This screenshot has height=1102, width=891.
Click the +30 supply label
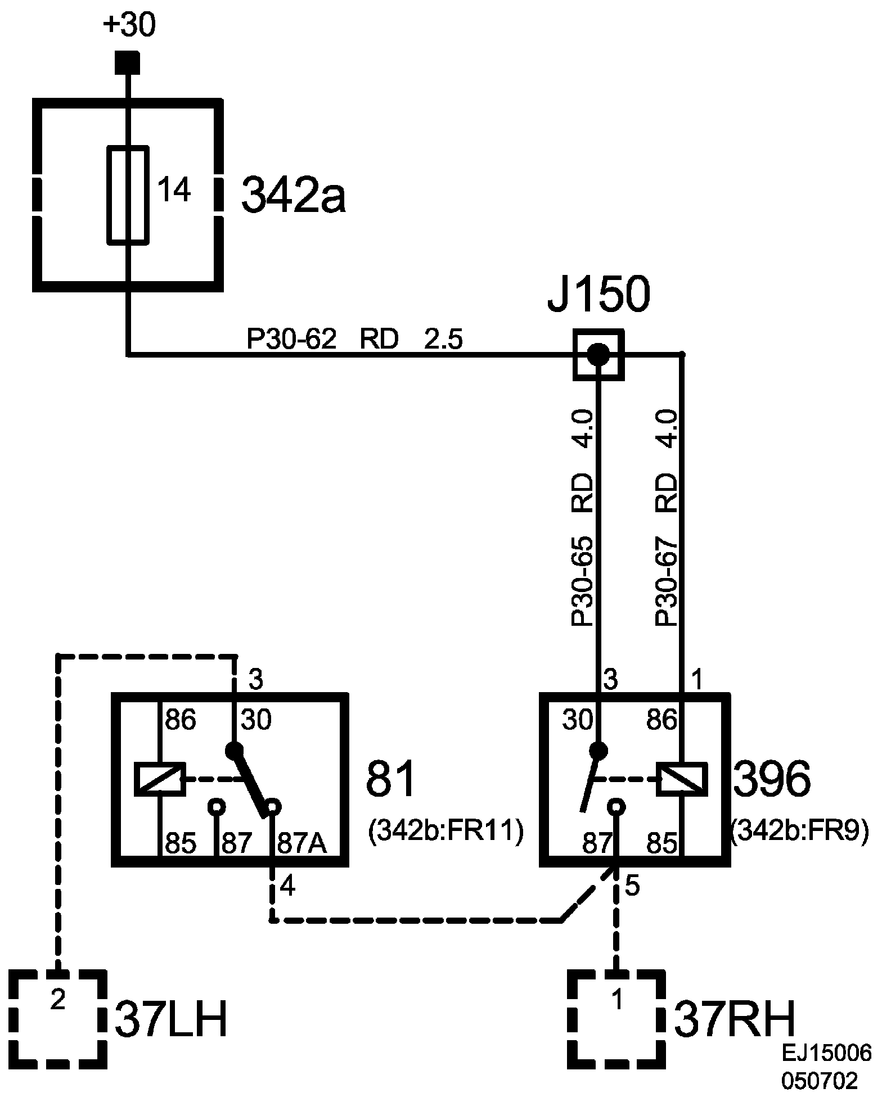(129, 26)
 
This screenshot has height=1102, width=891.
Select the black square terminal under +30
(128, 62)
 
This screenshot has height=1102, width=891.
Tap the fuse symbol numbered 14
(128, 195)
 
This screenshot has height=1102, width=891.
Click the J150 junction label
(598, 295)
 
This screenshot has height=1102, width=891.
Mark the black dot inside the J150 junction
(598, 354)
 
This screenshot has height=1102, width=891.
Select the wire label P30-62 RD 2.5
(354, 340)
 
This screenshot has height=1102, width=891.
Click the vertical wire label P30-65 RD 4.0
(583, 517)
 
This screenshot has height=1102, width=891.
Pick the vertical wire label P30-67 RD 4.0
(667, 517)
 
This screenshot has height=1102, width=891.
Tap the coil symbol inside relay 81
(160, 779)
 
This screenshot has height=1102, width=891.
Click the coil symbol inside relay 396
(682, 779)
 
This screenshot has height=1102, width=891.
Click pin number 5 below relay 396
(633, 887)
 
